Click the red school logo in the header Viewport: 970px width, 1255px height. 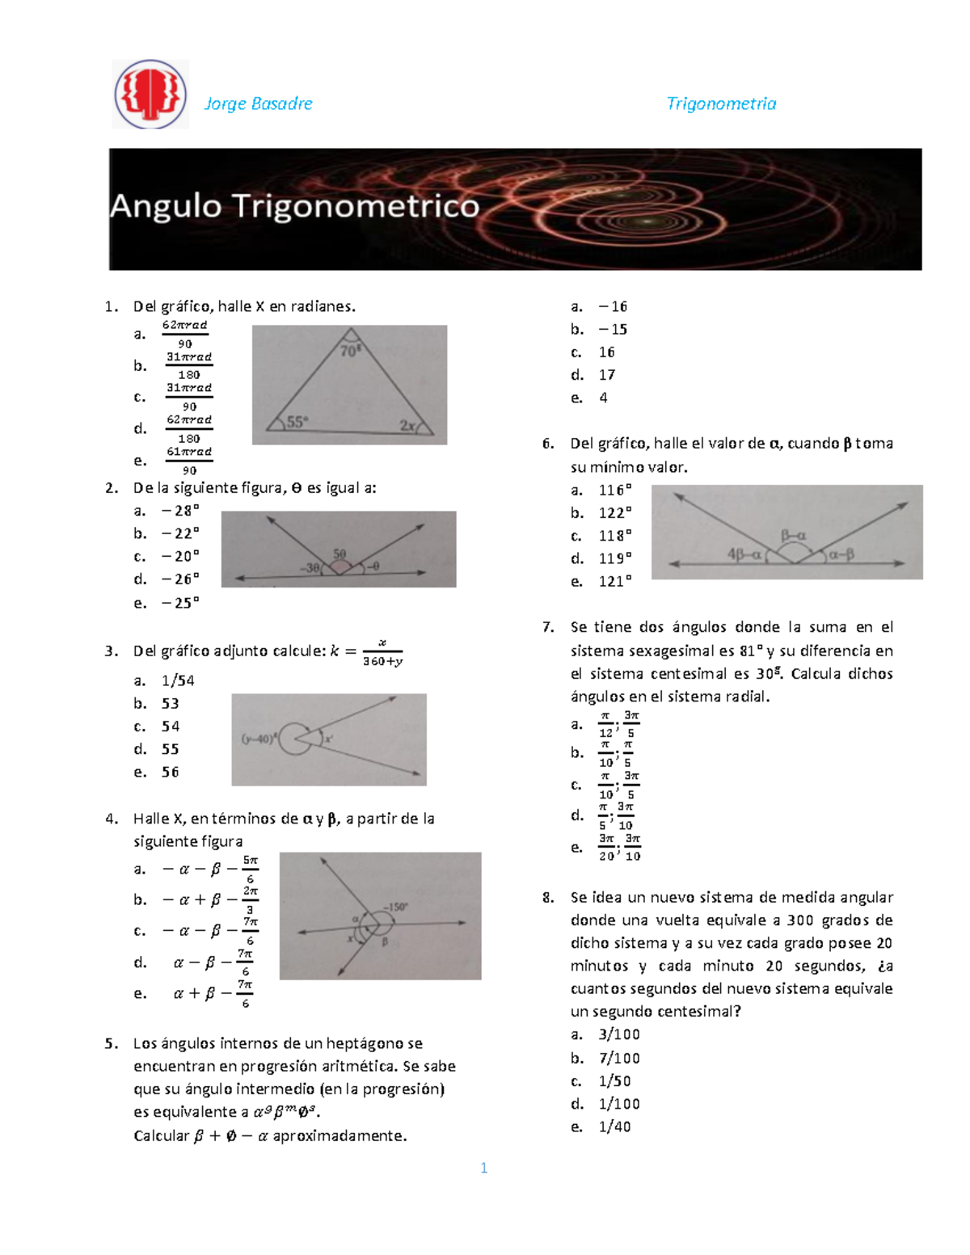pyautogui.click(x=150, y=95)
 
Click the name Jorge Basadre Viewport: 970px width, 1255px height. pyautogui.click(x=258, y=103)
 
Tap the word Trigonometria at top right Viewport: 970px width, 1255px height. pyautogui.click(x=721, y=103)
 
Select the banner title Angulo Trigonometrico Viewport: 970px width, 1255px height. pyautogui.click(x=294, y=206)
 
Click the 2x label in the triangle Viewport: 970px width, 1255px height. pyautogui.click(x=408, y=425)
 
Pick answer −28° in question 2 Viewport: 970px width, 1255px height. pyautogui.click(x=180, y=511)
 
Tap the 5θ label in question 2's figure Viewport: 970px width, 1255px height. pyautogui.click(x=339, y=554)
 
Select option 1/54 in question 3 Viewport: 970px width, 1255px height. pyautogui.click(x=178, y=680)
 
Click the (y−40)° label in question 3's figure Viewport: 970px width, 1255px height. pyautogui.click(x=259, y=738)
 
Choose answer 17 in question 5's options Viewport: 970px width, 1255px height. pyautogui.click(x=607, y=375)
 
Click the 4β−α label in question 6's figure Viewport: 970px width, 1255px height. pyautogui.click(x=744, y=554)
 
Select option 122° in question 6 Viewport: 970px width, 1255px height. pyautogui.click(x=615, y=513)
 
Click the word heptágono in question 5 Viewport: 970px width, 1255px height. pyautogui.click(x=365, y=1043)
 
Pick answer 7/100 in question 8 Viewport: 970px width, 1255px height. pyautogui.click(x=619, y=1058)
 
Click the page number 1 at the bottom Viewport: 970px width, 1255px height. pyautogui.click(x=483, y=1168)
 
